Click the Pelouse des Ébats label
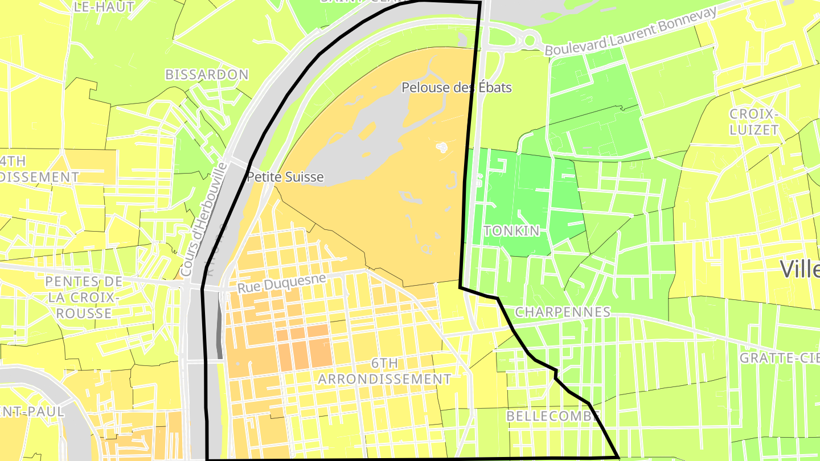[x=456, y=88]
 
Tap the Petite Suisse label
[x=285, y=177]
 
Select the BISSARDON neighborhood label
[x=207, y=75]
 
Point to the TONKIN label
[x=511, y=230]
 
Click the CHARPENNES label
[x=563, y=312]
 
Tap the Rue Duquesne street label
[x=282, y=283]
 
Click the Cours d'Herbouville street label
[x=203, y=220]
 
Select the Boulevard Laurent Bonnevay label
[x=630, y=32]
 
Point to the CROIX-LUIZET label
[x=754, y=122]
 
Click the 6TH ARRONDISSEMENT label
[x=385, y=371]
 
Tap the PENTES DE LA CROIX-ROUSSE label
[x=84, y=297]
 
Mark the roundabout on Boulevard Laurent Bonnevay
[x=530, y=40]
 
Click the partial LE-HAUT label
[x=104, y=7]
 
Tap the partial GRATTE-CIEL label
[x=779, y=358]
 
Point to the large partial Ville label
[x=799, y=269]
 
